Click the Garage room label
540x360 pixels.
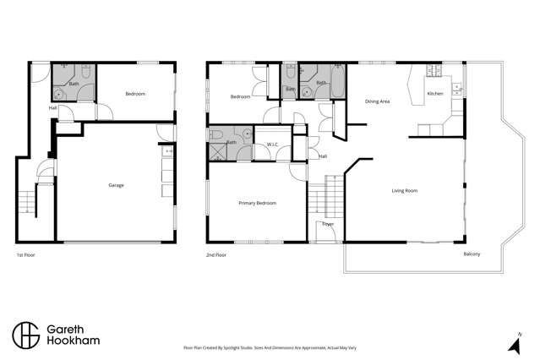pos(116,185)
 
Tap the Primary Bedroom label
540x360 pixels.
pos(257,203)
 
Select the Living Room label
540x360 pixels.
pos(404,190)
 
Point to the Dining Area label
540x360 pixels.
pos(377,101)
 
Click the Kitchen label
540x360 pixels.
pos(435,93)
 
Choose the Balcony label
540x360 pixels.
pos(473,254)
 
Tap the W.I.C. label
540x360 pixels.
pos(272,145)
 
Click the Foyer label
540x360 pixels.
pos(326,225)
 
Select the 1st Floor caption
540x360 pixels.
pos(26,254)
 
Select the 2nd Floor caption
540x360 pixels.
pos(216,254)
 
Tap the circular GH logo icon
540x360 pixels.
pos(25,335)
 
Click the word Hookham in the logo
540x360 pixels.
pos(74,342)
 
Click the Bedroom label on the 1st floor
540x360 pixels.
pos(135,94)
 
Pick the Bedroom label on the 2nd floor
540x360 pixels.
pos(240,96)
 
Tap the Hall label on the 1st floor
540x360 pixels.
pos(52,107)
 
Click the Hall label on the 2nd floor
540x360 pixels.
pos(323,156)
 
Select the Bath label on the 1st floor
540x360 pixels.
pos(74,84)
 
